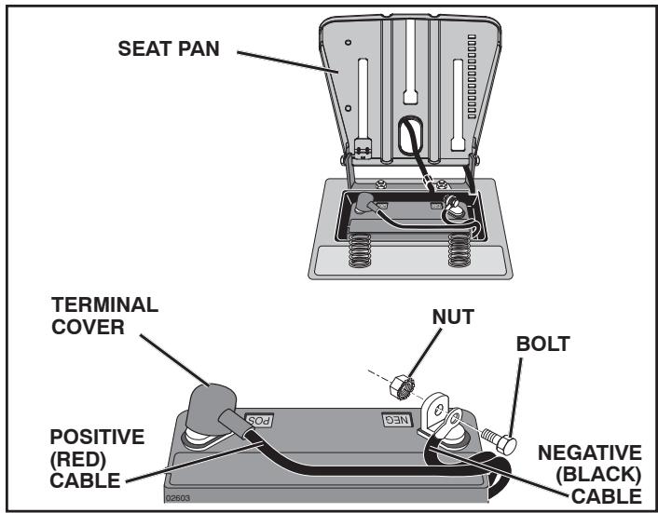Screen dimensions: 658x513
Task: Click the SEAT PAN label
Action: click(169, 48)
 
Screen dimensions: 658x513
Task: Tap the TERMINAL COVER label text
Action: click(105, 316)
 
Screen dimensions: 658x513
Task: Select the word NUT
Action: click(453, 317)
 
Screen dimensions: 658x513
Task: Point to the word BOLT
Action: click(542, 344)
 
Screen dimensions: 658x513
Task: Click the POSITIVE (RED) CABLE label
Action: click(97, 458)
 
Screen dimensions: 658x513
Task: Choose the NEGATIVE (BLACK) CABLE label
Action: click(590, 475)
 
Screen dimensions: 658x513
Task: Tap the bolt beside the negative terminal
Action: click(499, 441)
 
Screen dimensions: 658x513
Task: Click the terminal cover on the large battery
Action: click(211, 410)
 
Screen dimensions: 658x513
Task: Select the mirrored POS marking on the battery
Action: click(259, 420)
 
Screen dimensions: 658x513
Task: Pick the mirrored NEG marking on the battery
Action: click(397, 420)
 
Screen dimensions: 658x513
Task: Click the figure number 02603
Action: click(178, 498)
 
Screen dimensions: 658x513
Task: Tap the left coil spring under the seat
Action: click(360, 250)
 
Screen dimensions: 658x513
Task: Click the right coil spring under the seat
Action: click(459, 250)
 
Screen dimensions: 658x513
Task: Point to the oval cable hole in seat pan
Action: click(410, 135)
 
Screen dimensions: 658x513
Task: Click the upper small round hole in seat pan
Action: click(348, 42)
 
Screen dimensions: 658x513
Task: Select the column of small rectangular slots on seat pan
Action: click(473, 76)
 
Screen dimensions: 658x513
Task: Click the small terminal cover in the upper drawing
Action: click(364, 202)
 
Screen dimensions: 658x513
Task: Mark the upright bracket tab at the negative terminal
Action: click(434, 412)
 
